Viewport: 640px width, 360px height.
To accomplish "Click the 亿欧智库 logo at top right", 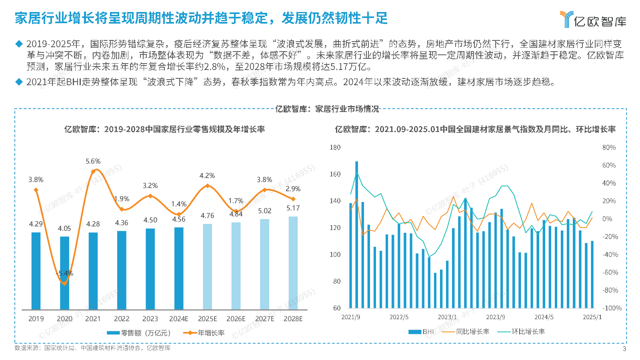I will [593, 20].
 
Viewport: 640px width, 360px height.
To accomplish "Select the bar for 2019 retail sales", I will [36, 271].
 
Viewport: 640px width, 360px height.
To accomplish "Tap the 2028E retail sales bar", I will [293, 263].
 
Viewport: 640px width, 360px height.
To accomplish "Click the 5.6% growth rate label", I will [93, 161].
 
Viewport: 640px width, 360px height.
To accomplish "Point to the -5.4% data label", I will [65, 273].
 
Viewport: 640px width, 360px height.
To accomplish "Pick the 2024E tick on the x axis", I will [178, 319].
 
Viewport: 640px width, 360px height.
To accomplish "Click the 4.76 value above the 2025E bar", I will [207, 216].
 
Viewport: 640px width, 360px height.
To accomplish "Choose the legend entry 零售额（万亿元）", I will [139, 333].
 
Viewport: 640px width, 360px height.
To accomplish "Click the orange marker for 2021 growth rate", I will [93, 172].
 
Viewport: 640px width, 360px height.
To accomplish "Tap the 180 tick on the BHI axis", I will [335, 148].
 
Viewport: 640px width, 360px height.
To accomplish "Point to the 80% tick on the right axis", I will [609, 148].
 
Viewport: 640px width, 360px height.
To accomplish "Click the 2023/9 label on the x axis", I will [495, 317].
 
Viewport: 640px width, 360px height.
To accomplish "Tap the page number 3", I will [624, 349].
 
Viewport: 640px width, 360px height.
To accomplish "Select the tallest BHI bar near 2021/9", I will [356, 234].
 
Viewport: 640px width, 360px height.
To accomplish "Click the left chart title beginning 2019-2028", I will [164, 129].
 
